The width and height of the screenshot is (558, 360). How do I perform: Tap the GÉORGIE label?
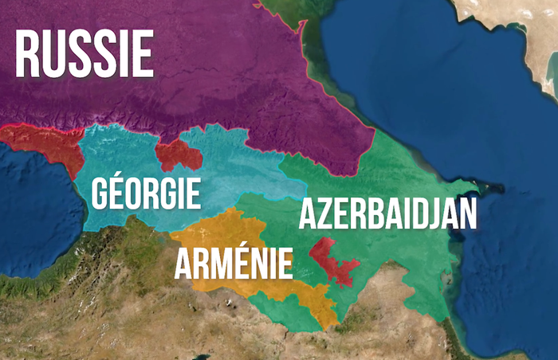click(146, 194)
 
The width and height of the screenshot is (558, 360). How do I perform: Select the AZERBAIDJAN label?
click(388, 215)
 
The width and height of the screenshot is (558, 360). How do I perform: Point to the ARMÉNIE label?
click(234, 264)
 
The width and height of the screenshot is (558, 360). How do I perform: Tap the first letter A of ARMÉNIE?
click(186, 264)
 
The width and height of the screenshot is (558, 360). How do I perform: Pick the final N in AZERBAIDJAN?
click(468, 215)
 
